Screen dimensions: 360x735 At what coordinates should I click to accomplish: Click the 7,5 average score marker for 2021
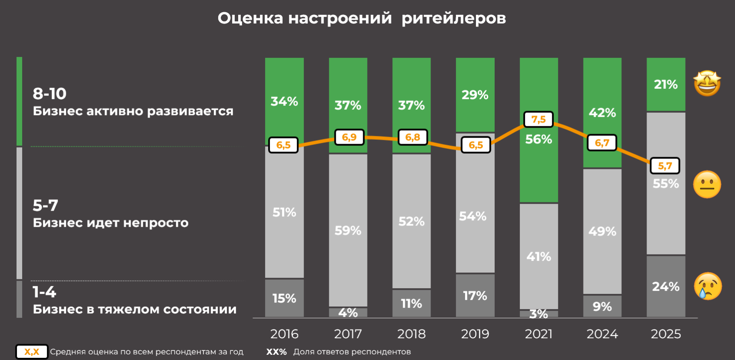538,119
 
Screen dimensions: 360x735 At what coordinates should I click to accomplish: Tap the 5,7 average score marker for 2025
664,166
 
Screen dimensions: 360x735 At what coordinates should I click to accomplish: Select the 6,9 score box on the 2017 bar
349,137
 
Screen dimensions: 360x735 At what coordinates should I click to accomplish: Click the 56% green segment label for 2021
538,139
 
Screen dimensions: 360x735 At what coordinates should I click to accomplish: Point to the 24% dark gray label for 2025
665,286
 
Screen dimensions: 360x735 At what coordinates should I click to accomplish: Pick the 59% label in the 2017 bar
347,230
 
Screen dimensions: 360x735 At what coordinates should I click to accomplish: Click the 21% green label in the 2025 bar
665,84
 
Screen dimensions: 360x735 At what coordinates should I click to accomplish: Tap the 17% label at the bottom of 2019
475,296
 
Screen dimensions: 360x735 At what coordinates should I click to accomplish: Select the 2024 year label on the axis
602,334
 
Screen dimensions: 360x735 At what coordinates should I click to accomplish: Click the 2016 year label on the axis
284,334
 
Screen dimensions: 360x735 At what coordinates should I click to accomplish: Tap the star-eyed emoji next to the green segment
707,83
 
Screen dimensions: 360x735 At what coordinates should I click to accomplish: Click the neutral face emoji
707,185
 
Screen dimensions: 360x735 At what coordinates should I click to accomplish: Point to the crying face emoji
708,286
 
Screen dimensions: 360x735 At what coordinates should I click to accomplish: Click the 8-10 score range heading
50,94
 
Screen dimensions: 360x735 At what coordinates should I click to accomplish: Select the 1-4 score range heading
44,292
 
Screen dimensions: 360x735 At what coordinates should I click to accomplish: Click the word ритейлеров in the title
453,18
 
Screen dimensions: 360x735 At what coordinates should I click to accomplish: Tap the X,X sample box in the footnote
32,352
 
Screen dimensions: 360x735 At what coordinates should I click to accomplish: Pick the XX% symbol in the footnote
276,352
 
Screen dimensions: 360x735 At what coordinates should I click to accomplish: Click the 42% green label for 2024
602,113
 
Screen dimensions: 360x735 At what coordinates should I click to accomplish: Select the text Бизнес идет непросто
111,223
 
